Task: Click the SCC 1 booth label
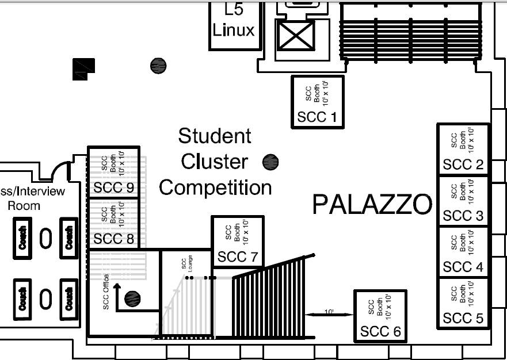tap(317, 117)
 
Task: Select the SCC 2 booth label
tap(463, 164)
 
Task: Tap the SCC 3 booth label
tap(463, 216)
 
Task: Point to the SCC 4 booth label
tap(463, 267)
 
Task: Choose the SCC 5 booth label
tap(463, 319)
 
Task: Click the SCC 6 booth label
tap(380, 331)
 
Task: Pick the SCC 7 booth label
tap(238, 257)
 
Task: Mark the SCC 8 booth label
tap(113, 239)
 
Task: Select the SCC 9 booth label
tap(113, 187)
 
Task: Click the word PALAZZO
tap(372, 205)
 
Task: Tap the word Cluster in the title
tap(215, 162)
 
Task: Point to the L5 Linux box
tap(235, 26)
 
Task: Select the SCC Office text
tap(106, 292)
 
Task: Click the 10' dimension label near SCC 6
tap(329, 312)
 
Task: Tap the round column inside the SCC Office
tap(132, 298)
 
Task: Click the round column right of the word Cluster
tap(270, 162)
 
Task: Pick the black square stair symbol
tap(84, 69)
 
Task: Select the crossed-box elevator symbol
tap(296, 36)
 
